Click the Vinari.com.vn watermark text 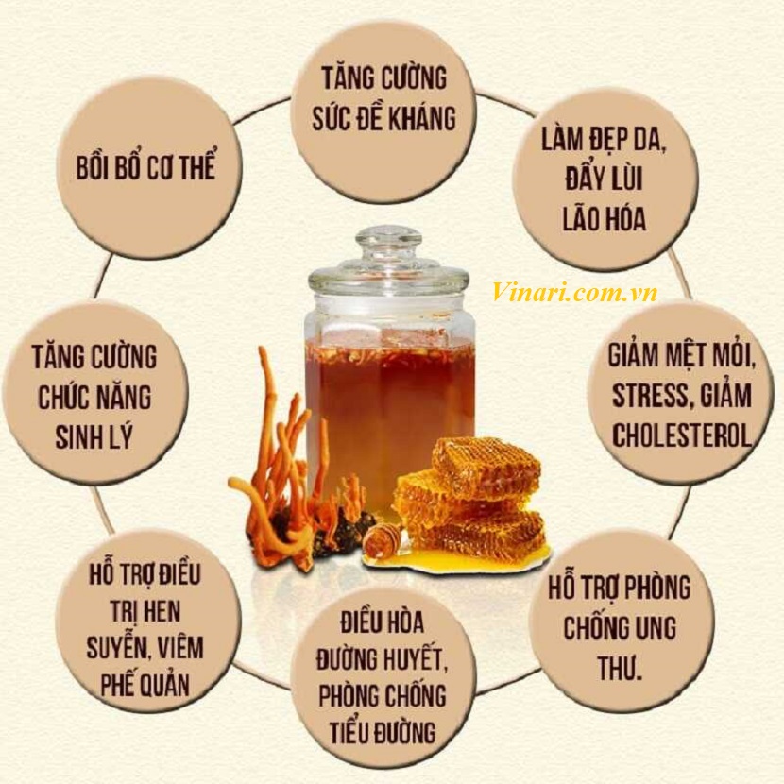coord(574,293)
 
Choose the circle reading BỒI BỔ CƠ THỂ coord(147,168)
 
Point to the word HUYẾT coord(421,659)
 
